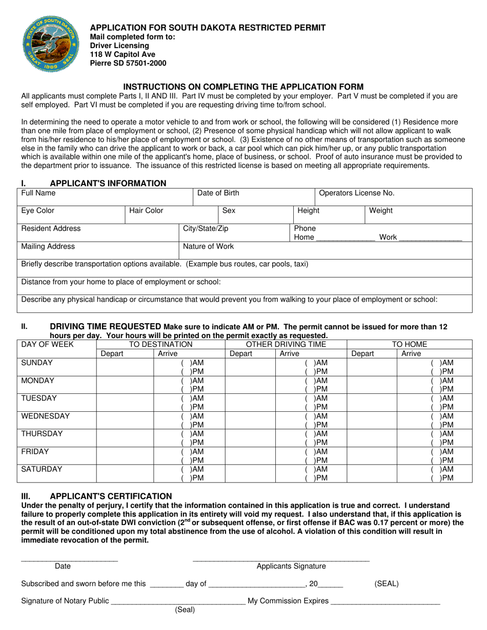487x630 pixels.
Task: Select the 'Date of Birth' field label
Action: point(218,193)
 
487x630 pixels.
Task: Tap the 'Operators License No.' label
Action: point(357,193)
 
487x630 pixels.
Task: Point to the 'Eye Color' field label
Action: point(38,211)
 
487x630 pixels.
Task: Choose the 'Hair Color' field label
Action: point(146,211)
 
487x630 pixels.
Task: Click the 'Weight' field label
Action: point(381,211)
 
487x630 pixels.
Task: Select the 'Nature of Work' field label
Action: point(208,246)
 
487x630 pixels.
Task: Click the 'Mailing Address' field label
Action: point(48,246)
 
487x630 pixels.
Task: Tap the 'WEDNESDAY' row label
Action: point(46,416)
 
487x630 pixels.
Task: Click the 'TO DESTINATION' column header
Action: point(160,345)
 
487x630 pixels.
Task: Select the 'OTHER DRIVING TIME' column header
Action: point(286,345)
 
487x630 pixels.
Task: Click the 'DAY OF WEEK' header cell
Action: point(47,345)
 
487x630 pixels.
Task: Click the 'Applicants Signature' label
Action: point(291,566)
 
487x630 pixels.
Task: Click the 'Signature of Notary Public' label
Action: point(65,601)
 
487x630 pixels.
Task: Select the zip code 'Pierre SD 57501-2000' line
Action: point(128,64)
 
